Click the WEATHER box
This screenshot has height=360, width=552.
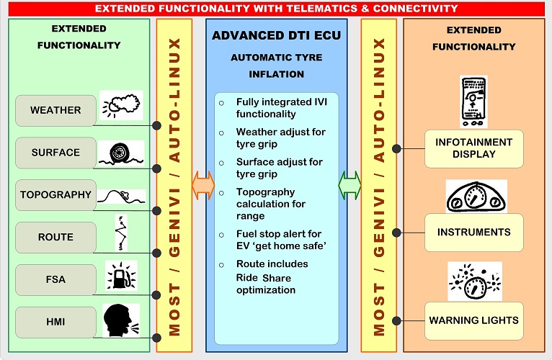click(55, 111)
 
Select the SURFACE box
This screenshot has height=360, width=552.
click(55, 153)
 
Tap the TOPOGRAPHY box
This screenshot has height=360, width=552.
click(55, 194)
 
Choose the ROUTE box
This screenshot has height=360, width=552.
click(55, 236)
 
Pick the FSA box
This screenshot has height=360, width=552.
click(55, 279)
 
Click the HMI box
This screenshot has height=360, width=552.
click(55, 320)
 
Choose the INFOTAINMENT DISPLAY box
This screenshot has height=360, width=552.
click(473, 148)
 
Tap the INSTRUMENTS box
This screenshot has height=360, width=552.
click(473, 232)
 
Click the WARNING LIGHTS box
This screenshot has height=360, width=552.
click(473, 320)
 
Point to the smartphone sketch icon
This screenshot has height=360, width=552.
click(475, 100)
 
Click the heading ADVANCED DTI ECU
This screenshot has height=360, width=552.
click(277, 36)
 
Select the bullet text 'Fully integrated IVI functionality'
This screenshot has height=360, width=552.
click(281, 107)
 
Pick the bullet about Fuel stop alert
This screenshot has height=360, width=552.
click(281, 240)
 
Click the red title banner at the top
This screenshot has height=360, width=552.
click(276, 9)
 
